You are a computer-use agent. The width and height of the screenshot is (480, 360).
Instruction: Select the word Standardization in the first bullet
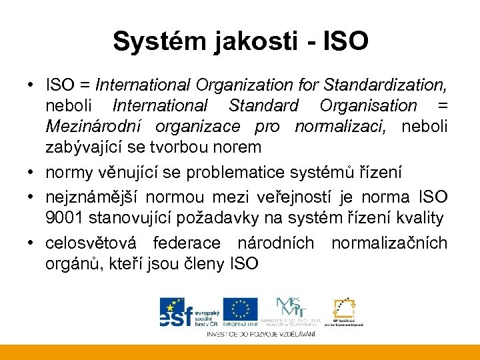pos(384,85)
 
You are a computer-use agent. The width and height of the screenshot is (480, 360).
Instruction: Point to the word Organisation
pos(368,106)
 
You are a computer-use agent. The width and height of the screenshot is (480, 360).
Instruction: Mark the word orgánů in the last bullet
pos(73,263)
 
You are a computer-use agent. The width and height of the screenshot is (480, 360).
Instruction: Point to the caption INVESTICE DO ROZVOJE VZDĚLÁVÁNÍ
pos(261,333)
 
